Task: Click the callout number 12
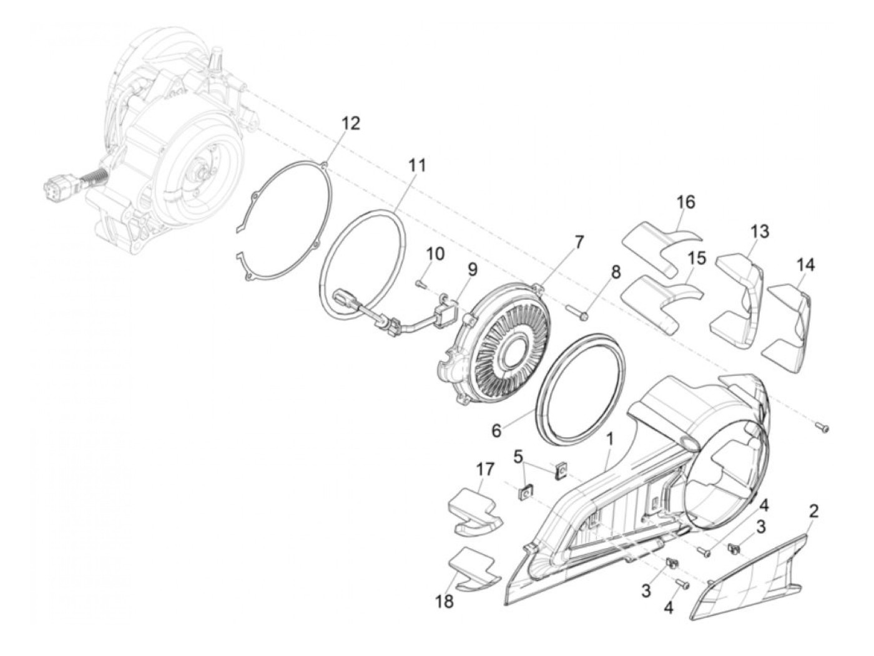350,123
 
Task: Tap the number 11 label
416,165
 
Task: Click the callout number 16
685,202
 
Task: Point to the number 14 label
805,264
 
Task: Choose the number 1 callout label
609,438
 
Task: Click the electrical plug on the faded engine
57,187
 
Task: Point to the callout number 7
579,241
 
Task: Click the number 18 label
444,602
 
